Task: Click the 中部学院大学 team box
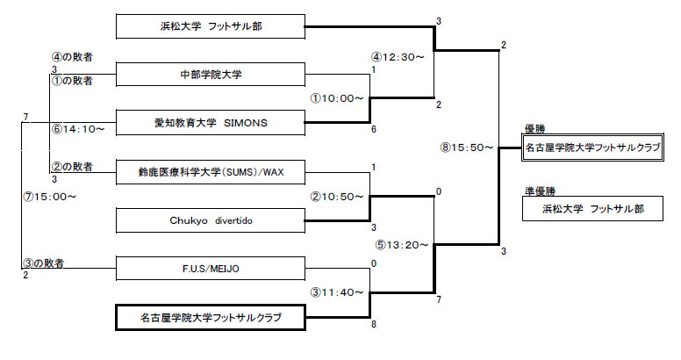pyautogui.click(x=210, y=75)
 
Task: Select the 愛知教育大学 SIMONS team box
pyautogui.click(x=210, y=123)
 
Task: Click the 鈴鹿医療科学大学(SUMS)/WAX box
pyautogui.click(x=210, y=172)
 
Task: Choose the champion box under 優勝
pyautogui.click(x=592, y=148)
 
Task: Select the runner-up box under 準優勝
pyautogui.click(x=592, y=209)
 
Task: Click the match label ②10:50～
pyautogui.click(x=336, y=197)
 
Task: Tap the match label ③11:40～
pyautogui.click(x=336, y=291)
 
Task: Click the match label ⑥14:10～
pyautogui.click(x=79, y=128)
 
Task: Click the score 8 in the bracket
pyautogui.click(x=375, y=324)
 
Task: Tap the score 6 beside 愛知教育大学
pyautogui.click(x=375, y=129)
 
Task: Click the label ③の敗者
pyautogui.click(x=49, y=263)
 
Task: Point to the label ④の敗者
pyautogui.click(x=72, y=57)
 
